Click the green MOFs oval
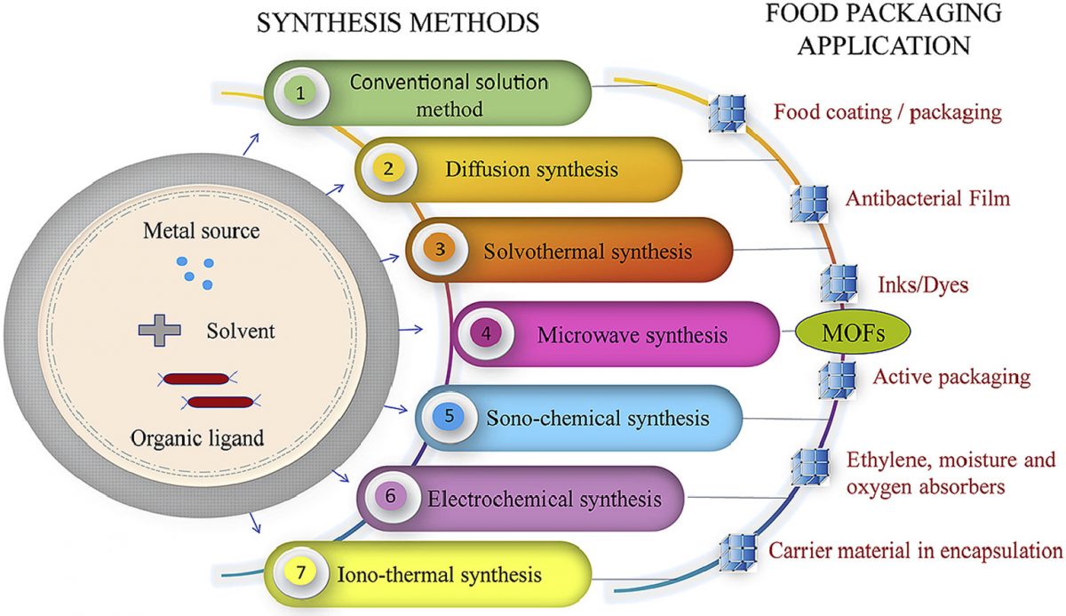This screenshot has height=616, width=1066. pyautogui.click(x=840, y=333)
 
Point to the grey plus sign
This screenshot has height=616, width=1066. pyautogui.click(x=159, y=331)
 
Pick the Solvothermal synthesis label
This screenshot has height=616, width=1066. pyautogui.click(x=587, y=251)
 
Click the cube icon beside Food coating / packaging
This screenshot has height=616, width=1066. pyautogui.click(x=728, y=113)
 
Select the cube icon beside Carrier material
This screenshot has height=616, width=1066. pyautogui.click(x=736, y=552)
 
